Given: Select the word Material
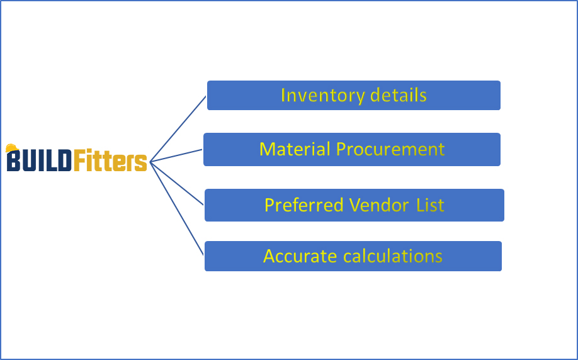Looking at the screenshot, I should point(295,149).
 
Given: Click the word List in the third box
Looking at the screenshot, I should point(431,205).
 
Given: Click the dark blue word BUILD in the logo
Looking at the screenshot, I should point(39,161).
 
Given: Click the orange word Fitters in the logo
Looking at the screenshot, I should point(110,161).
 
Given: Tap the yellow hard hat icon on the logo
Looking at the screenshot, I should point(11,149).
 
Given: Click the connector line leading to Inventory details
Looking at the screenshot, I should point(179,128).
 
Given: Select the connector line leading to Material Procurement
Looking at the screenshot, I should point(176,155).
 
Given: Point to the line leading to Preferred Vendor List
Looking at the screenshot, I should point(178,183).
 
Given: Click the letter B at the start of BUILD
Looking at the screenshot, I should point(13,162).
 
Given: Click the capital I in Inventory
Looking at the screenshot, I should point(283,96).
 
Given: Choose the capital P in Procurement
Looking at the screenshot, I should point(341,149).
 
